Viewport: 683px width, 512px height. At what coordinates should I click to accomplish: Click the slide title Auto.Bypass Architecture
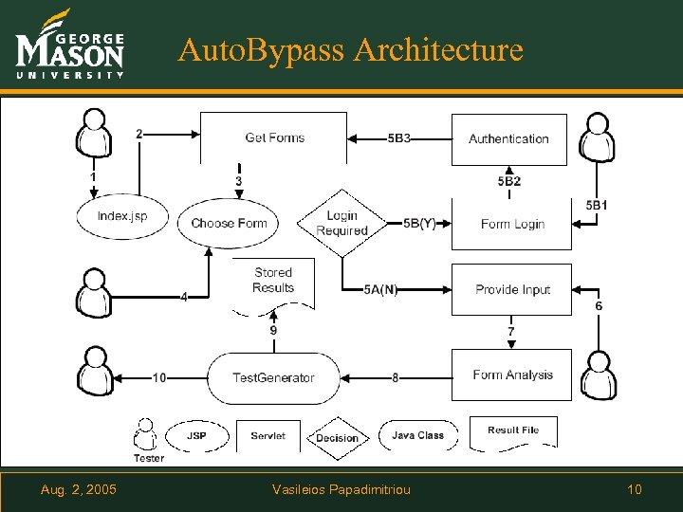350,48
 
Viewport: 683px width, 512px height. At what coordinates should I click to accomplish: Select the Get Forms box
274,137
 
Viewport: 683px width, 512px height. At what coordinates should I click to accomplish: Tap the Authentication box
508,138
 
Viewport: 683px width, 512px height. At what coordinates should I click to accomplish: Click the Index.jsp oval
121,216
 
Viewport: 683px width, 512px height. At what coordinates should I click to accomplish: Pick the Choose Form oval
229,223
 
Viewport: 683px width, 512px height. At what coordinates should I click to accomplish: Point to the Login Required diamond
341,224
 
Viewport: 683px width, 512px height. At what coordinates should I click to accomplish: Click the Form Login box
511,224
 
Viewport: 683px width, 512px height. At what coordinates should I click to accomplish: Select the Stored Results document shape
273,283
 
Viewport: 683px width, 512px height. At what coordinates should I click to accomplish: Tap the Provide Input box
511,289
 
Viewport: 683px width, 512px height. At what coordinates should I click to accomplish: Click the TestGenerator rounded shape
273,377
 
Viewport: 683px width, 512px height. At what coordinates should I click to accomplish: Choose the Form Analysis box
511,375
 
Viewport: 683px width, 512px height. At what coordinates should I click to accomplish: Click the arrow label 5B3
399,138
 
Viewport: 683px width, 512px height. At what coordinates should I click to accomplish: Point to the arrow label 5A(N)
380,290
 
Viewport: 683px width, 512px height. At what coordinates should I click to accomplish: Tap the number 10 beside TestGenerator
159,377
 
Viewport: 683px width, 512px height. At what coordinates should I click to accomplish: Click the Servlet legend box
268,436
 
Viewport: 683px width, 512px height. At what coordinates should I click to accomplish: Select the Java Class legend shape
417,435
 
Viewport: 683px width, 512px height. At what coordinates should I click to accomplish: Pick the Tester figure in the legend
146,439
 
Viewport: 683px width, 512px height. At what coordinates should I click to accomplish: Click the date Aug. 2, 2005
79,489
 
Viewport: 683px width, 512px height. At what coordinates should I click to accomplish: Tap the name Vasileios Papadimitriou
341,489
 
